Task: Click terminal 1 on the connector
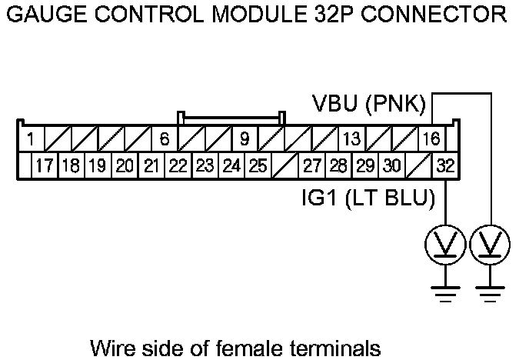click(29, 139)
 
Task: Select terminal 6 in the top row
click(164, 139)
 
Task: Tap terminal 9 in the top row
click(244, 139)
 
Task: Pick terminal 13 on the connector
click(351, 139)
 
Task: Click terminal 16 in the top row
click(431, 139)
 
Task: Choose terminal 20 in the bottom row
click(125, 165)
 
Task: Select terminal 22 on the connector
click(178, 165)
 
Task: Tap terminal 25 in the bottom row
click(258, 165)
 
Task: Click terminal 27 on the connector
click(311, 165)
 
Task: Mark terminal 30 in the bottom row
click(391, 165)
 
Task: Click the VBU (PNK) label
click(369, 104)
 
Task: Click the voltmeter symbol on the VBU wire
click(490, 245)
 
